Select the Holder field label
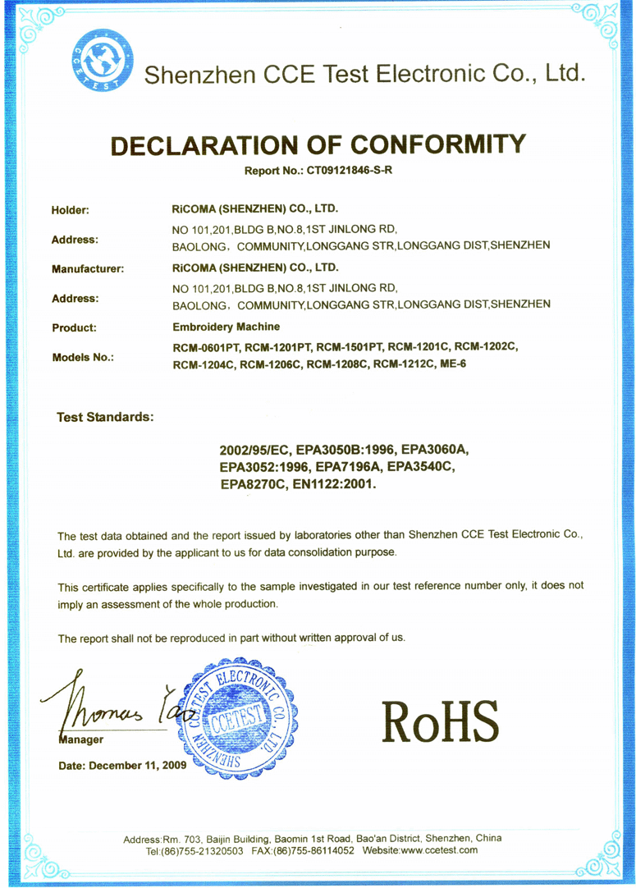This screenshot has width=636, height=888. coord(70,210)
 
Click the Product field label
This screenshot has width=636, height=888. coord(74,327)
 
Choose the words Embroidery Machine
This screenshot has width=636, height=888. coord(226,327)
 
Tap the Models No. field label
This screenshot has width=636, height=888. coord(82,357)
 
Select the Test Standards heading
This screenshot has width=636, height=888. coord(104,416)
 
